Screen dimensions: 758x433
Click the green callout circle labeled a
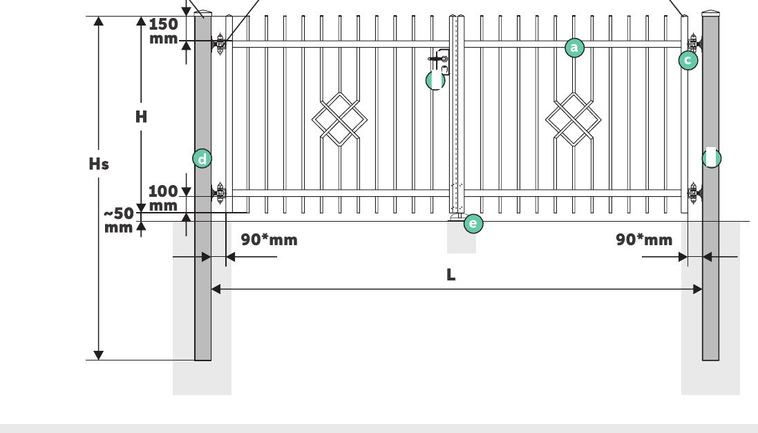click(574, 48)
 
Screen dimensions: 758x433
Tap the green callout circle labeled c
click(688, 60)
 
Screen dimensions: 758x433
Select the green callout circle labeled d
click(202, 159)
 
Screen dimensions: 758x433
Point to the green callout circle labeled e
click(473, 224)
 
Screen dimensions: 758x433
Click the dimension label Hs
click(99, 164)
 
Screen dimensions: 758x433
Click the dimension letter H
click(141, 117)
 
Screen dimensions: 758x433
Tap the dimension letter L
click(451, 274)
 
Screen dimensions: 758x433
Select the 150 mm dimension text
click(163, 31)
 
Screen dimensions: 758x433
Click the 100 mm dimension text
click(163, 198)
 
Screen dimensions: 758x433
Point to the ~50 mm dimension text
click(119, 220)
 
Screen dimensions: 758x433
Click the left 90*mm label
click(269, 240)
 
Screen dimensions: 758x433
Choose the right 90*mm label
click(644, 240)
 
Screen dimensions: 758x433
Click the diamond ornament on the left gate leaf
click(339, 119)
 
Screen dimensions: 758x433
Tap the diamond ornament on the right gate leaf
click(574, 119)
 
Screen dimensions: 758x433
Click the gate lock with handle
click(440, 62)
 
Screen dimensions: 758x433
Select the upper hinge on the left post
click(220, 44)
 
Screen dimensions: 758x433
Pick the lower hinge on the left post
click(220, 193)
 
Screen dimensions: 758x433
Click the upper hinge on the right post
click(694, 44)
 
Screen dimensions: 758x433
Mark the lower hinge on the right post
click(694, 193)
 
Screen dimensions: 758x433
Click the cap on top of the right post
click(710, 13)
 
